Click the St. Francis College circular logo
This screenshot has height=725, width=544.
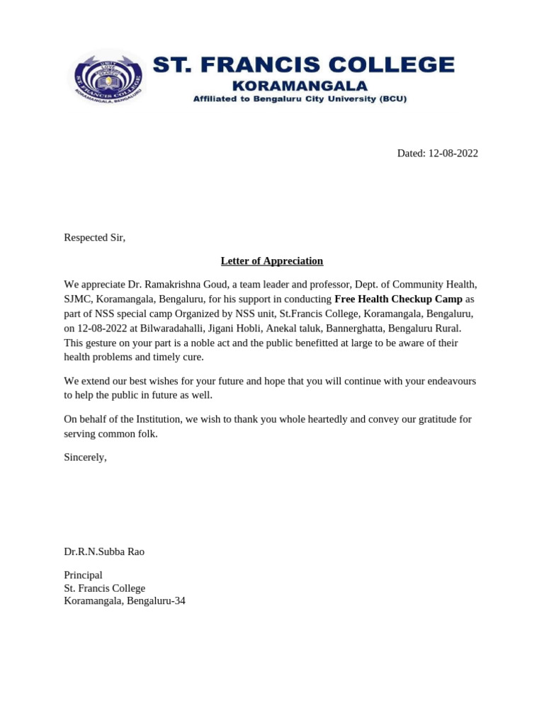tap(108, 77)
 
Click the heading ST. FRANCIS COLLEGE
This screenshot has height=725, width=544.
tap(304, 65)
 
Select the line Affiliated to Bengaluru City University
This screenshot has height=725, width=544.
tap(300, 99)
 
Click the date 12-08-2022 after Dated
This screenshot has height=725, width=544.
tap(453, 153)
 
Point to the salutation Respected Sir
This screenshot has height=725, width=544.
tap(94, 237)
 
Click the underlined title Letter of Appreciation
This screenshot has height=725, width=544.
tap(271, 261)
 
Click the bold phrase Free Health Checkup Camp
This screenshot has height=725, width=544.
tap(398, 299)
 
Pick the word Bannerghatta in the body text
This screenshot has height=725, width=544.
tap(358, 328)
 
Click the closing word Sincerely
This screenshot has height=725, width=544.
tap(85, 457)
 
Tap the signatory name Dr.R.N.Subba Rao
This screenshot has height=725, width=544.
tap(104, 552)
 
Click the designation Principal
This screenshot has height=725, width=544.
tap(83, 575)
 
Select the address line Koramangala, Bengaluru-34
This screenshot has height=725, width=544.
tap(125, 601)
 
